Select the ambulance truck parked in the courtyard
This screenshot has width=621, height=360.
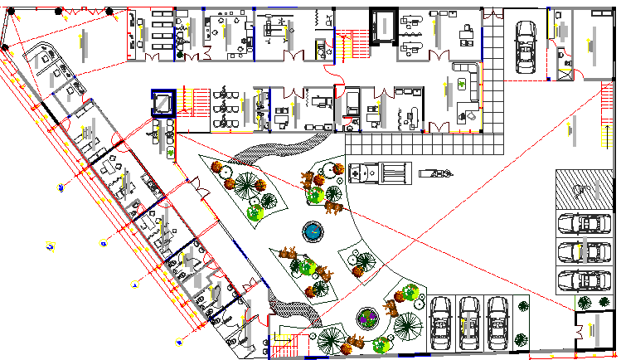pos(380,174)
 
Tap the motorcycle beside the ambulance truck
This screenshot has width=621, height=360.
pos(435,173)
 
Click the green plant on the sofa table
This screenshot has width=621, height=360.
pos(460,84)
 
